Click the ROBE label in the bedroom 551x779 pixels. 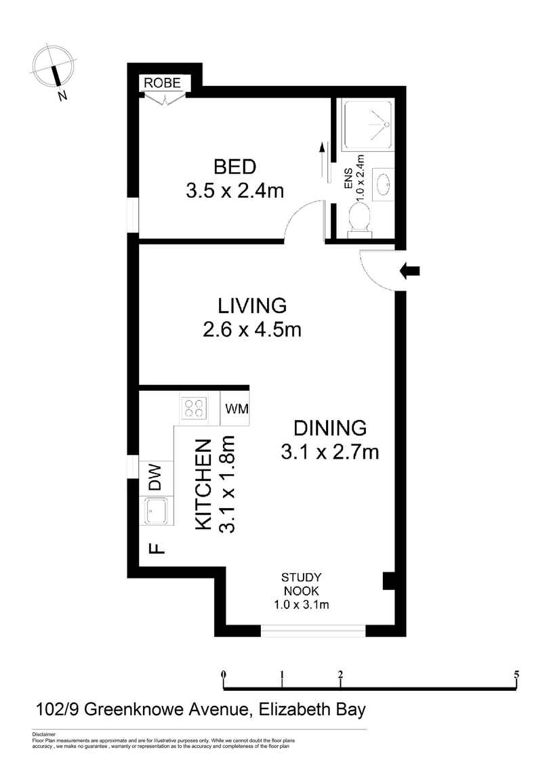(x=162, y=83)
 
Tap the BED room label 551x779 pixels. (x=235, y=167)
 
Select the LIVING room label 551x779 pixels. (x=252, y=305)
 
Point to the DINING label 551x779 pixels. (x=330, y=427)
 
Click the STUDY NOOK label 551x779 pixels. (x=301, y=584)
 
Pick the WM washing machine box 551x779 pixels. (x=235, y=409)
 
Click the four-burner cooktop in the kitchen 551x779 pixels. (x=195, y=408)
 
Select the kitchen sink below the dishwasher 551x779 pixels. (x=156, y=511)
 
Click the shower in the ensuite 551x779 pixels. (x=369, y=125)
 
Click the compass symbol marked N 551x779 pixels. (x=54, y=70)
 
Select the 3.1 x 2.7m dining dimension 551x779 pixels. (x=330, y=452)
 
